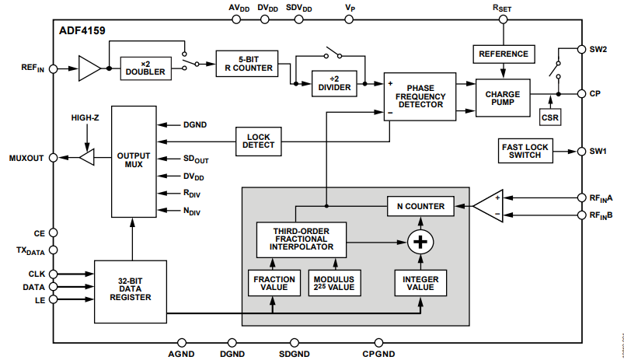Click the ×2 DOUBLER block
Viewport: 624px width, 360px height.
pyautogui.click(x=145, y=68)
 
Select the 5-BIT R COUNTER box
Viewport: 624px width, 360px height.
pyautogui.click(x=247, y=63)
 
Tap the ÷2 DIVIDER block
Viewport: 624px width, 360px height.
pyautogui.click(x=334, y=84)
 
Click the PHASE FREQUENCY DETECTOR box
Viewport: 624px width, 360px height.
pyautogui.click(x=420, y=96)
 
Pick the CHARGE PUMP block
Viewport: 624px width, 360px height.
pyautogui.click(x=503, y=98)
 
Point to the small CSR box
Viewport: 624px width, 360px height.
pyautogui.click(x=550, y=117)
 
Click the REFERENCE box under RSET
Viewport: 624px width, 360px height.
pyautogui.click(x=504, y=54)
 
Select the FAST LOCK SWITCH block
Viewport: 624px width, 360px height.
pyautogui.click(x=525, y=151)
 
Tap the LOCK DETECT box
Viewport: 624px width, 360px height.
pyautogui.click(x=258, y=142)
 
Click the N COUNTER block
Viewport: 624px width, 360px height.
pyautogui.click(x=420, y=206)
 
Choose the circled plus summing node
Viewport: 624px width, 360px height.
pyautogui.click(x=420, y=242)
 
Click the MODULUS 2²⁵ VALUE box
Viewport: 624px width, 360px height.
pyautogui.click(x=335, y=283)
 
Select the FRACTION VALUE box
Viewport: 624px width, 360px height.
pyautogui.click(x=274, y=283)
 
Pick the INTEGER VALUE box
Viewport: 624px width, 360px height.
pyautogui.click(x=420, y=283)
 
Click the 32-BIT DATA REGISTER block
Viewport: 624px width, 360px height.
pyautogui.click(x=131, y=292)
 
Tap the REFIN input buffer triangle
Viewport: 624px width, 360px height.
pyautogui.click(x=89, y=68)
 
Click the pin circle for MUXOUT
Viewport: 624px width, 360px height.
pyautogui.click(x=54, y=158)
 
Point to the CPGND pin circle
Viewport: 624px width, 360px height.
pyautogui.click(x=379, y=342)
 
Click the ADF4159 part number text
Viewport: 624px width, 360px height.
pyautogui.click(x=82, y=30)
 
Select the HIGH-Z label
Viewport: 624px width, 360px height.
pyautogui.click(x=85, y=118)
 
